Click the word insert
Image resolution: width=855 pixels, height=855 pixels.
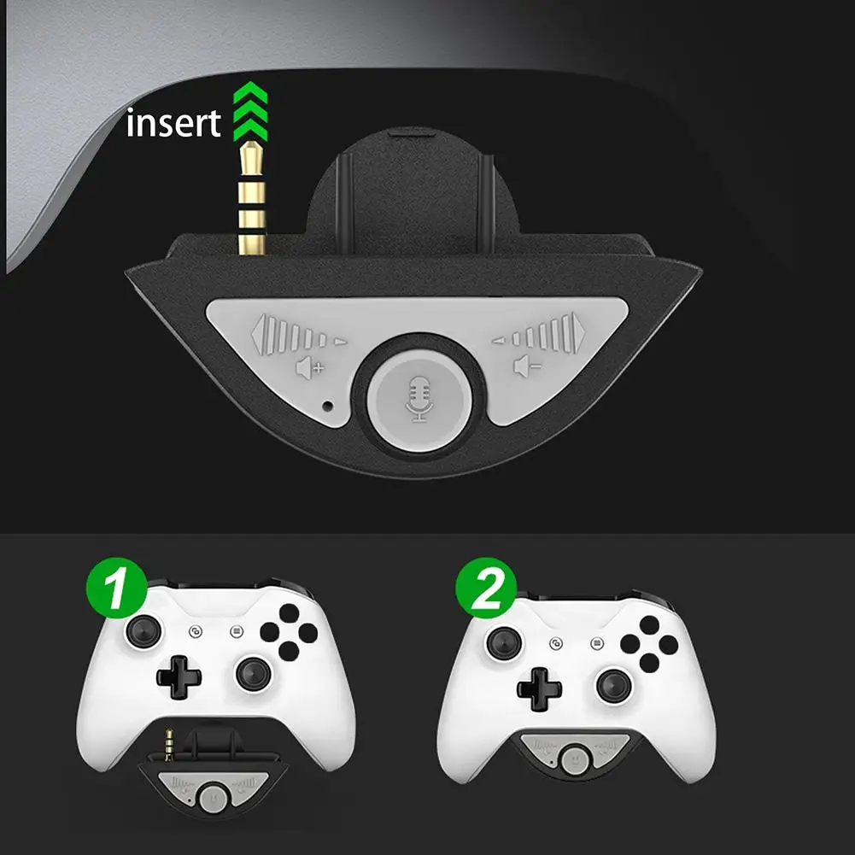click(173, 123)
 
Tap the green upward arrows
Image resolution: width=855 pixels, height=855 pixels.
click(250, 111)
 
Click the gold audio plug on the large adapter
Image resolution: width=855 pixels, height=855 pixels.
click(252, 198)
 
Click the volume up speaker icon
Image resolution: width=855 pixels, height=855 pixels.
click(310, 368)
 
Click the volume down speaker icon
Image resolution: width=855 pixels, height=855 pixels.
click(527, 366)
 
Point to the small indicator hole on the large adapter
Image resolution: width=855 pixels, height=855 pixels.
click(328, 406)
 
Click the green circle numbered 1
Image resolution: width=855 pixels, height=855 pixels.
click(117, 588)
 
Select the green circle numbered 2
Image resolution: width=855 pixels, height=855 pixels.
click(486, 588)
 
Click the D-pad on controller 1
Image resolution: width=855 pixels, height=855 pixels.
click(179, 677)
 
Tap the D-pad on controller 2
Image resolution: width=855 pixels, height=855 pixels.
click(539, 688)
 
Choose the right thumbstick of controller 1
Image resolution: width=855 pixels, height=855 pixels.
click(254, 674)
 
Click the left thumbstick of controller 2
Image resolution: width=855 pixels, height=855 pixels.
click(504, 643)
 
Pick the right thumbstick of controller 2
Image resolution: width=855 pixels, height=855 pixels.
click(614, 685)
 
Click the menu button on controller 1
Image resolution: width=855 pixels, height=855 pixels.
click(236, 631)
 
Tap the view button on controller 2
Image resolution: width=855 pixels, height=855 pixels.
click(556, 643)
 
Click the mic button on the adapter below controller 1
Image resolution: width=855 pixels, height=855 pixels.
click(213, 799)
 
